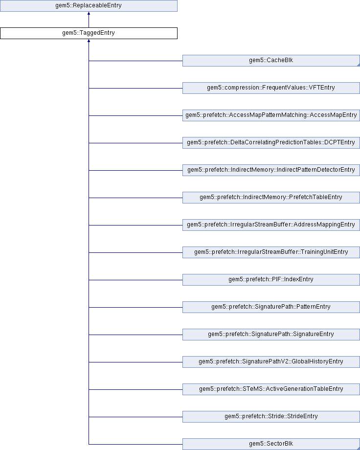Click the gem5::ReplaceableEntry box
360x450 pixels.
pos(89,6)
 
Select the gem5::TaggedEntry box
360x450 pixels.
pos(89,33)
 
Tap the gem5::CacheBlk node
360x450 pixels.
pos(271,61)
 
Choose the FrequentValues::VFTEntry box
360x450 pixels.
pos(271,88)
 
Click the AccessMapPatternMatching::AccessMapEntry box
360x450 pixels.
pos(271,115)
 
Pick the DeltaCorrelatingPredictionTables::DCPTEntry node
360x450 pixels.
pos(271,143)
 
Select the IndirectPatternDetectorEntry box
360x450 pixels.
pos(271,170)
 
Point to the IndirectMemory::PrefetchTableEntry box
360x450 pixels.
pos(271,198)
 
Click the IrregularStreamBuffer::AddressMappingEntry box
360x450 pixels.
pos(271,225)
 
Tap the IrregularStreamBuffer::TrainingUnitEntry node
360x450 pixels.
pos(271,252)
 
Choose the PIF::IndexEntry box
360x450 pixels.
pos(271,280)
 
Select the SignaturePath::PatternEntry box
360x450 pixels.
pos(271,307)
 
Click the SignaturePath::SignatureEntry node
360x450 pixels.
pos(271,335)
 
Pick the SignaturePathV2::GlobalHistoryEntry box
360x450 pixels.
pos(271,362)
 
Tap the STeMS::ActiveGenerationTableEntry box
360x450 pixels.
pos(271,389)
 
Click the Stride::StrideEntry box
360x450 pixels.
pos(271,417)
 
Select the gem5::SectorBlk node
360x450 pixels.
pos(271,444)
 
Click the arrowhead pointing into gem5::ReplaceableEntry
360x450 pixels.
pos(89,14)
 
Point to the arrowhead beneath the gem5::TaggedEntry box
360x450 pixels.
pos(89,42)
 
